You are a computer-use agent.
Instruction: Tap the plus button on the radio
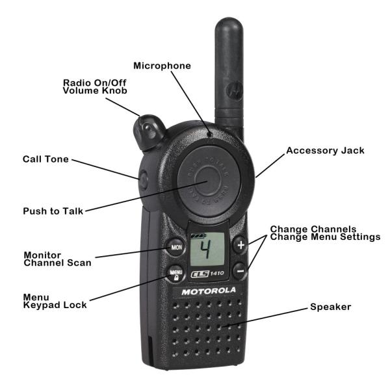pos(240,246)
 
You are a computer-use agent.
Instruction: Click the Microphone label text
pos(162,66)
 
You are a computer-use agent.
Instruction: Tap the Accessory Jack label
pos(325,150)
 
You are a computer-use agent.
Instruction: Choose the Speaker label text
pos(330,306)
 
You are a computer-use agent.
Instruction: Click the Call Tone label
pos(45,159)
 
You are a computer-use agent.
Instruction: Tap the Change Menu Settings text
pos(325,237)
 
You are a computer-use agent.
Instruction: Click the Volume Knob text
pos(95,91)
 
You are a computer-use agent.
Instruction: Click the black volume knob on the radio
pos(149,129)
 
